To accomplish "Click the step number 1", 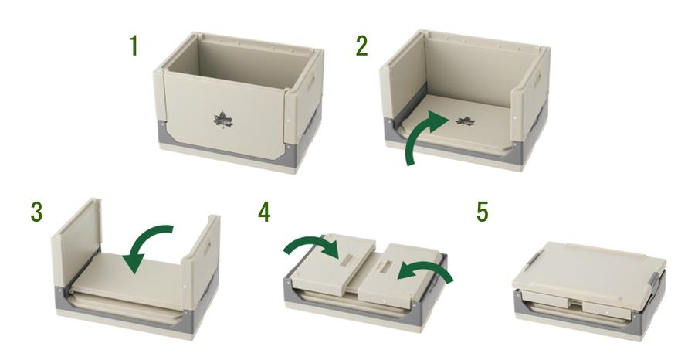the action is tap(134, 46).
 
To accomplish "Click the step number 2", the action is tap(361, 46).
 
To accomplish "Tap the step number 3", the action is tap(36, 212).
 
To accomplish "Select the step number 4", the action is tap(264, 212).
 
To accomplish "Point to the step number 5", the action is tap(482, 212).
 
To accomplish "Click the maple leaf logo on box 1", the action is tap(223, 120).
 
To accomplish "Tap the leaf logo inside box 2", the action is tap(465, 121).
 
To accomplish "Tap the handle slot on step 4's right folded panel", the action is tap(386, 266).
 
